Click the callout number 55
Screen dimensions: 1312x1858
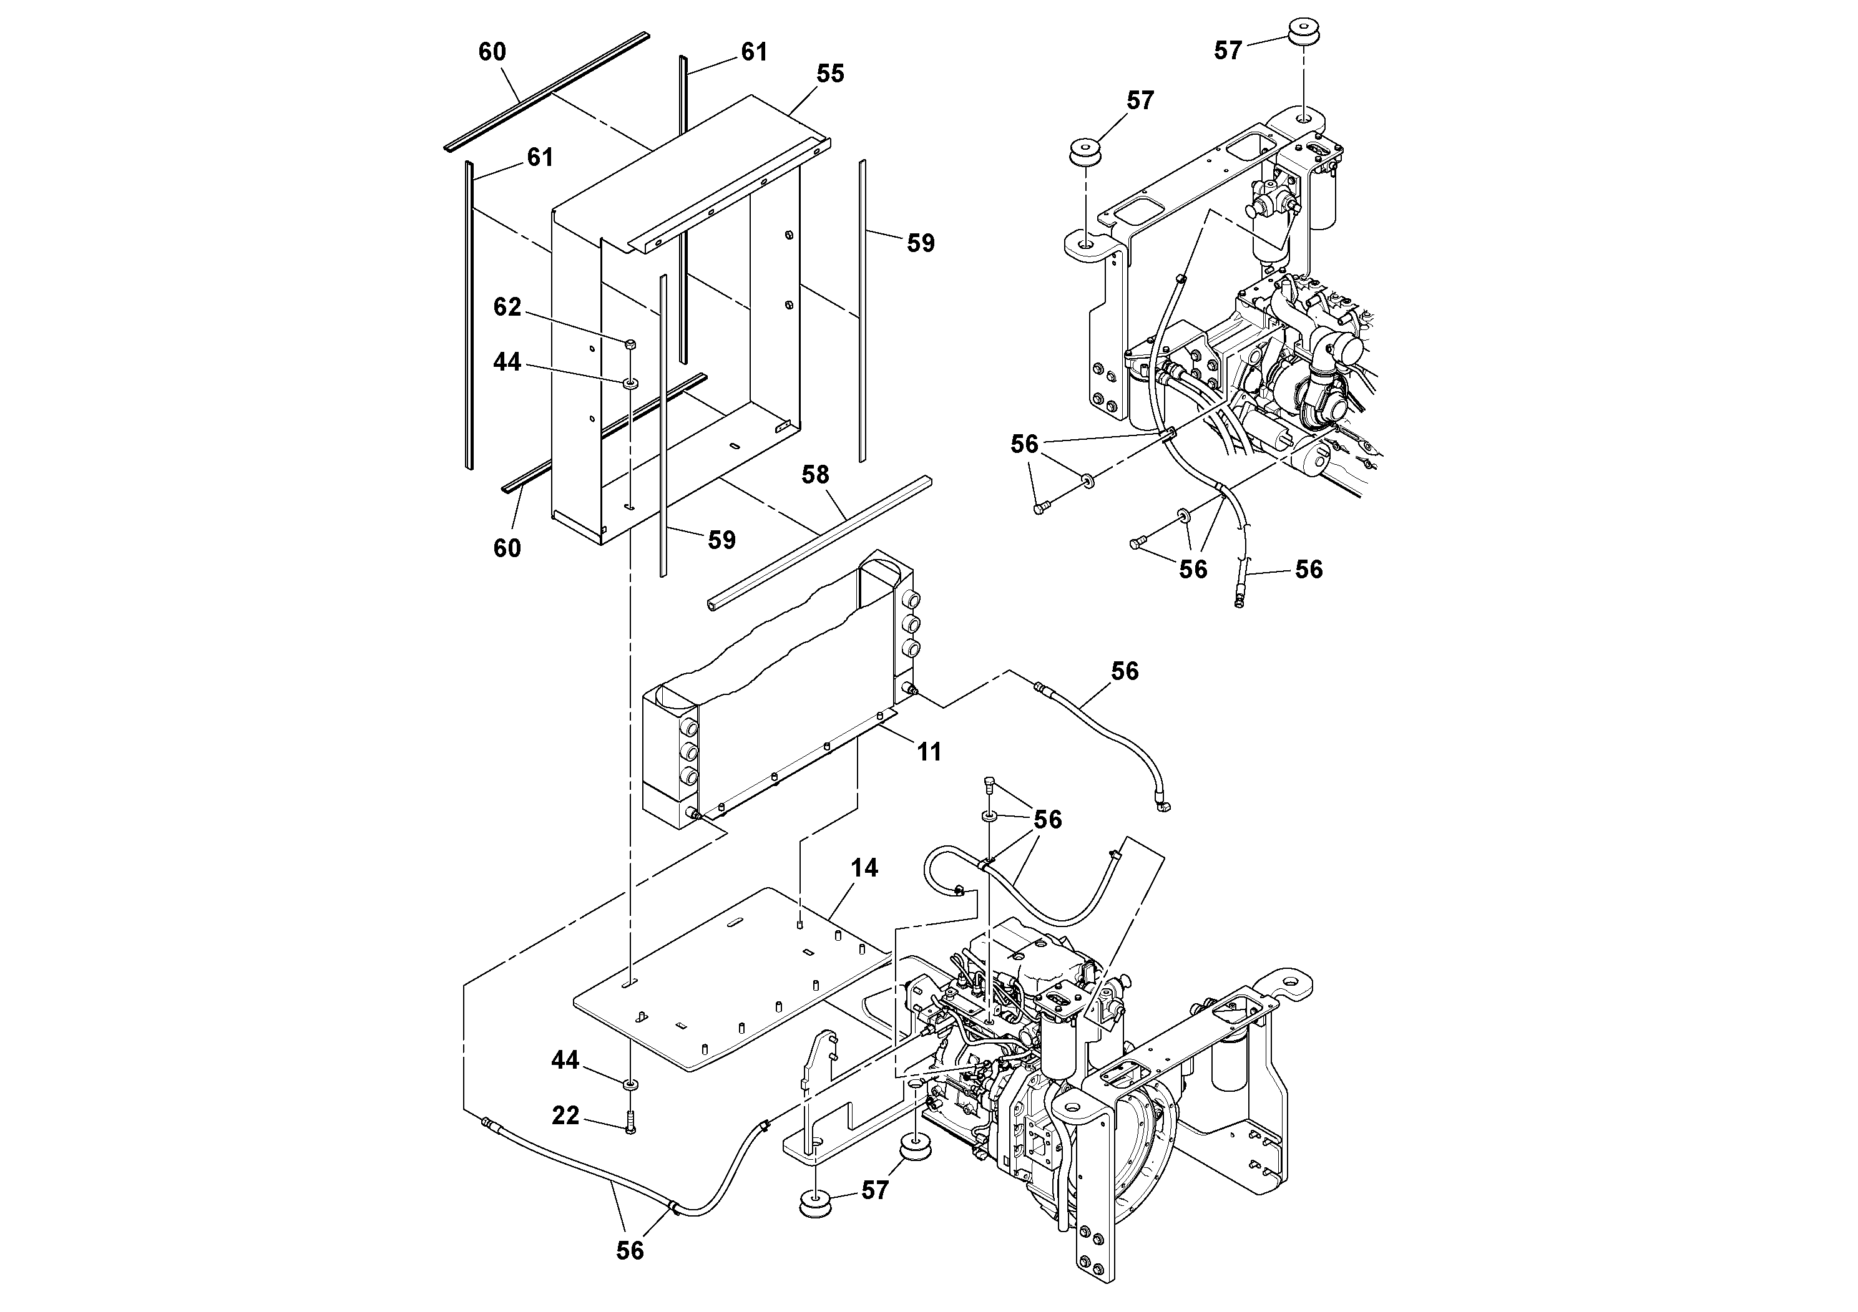pos(830,74)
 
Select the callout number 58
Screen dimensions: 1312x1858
pos(815,475)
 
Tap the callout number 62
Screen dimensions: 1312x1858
pos(507,308)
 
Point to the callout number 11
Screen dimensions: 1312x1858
pos(929,752)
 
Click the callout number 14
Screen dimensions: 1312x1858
pos(864,868)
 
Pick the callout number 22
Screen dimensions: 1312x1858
pos(565,1116)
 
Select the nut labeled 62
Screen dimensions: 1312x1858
pos(631,344)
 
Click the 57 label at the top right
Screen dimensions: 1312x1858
pos(1228,52)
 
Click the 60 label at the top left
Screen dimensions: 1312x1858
pos(492,52)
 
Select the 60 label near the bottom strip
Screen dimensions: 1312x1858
pos(507,548)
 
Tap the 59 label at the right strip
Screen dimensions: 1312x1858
pos(921,243)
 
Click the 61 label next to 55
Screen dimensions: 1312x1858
pos(754,52)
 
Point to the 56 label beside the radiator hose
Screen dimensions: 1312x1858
pos(1125,671)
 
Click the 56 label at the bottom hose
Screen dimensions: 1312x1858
pos(630,1251)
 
